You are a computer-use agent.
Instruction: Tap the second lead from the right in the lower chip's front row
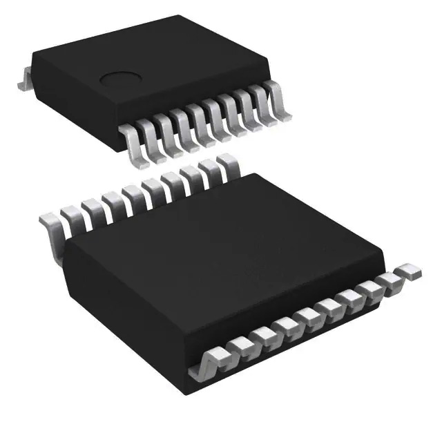392,279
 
